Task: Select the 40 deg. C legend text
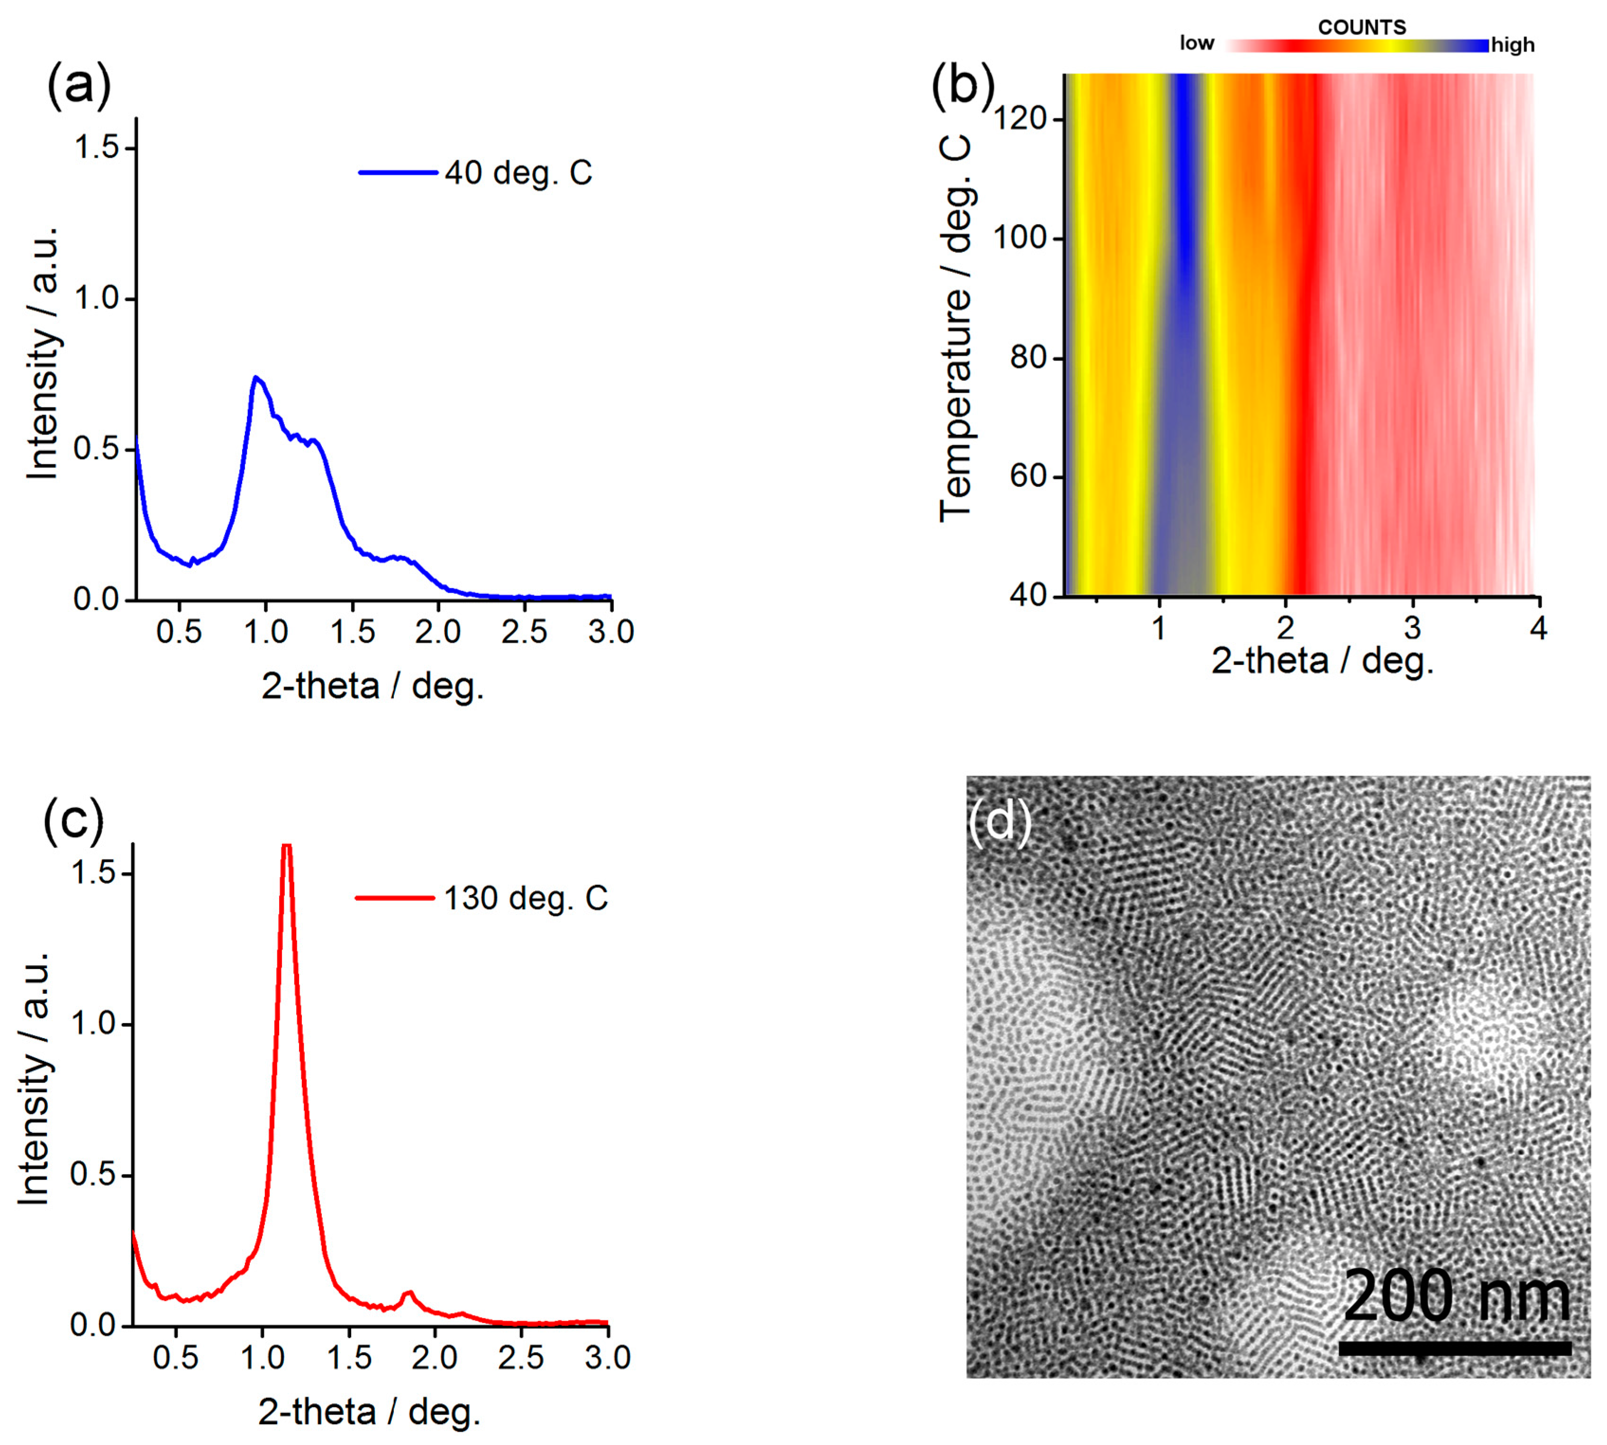point(518,173)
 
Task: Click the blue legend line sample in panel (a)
point(397,173)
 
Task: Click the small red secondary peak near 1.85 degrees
point(409,1292)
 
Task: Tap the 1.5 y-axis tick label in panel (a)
point(95,148)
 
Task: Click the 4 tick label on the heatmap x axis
point(1538,629)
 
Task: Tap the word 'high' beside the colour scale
point(1513,45)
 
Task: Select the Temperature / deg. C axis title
point(955,327)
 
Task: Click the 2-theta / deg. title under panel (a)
point(372,686)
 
